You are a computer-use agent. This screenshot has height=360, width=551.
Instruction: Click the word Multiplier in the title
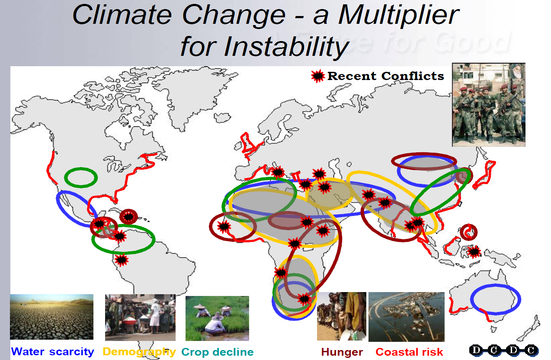tap(398, 16)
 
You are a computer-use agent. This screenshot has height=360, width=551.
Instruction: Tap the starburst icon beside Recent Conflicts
tap(318, 76)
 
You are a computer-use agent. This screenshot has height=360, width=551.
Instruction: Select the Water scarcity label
tap(53, 352)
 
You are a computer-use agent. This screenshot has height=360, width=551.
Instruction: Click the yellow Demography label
tap(139, 352)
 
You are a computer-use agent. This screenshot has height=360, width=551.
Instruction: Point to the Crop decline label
tap(218, 352)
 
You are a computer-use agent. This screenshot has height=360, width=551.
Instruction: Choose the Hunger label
tap(342, 352)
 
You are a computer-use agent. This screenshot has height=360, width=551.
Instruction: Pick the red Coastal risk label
tap(409, 352)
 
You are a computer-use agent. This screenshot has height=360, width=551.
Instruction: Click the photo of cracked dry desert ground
tap(51, 317)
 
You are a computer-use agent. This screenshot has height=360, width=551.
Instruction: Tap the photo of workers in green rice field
tap(217, 318)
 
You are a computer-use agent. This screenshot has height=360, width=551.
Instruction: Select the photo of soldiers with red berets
tap(489, 105)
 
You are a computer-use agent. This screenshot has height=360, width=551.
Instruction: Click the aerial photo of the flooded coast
tap(407, 317)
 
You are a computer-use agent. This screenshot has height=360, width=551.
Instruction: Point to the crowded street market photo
tap(140, 318)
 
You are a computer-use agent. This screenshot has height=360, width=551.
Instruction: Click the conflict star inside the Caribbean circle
tap(128, 217)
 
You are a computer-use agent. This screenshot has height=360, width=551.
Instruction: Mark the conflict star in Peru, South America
tap(122, 260)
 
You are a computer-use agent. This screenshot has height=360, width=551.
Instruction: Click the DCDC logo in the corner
tap(504, 350)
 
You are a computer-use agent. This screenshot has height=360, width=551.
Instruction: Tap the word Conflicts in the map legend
tap(413, 76)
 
